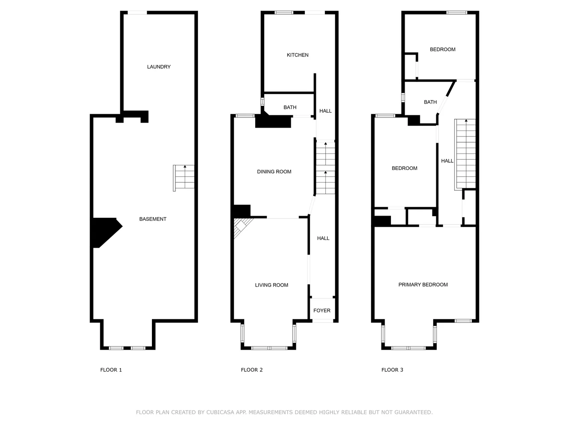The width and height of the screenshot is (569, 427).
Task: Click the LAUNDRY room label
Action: (159, 67)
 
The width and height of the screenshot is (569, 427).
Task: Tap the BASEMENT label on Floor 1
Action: (153, 219)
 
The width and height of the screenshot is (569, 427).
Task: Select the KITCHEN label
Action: (298, 55)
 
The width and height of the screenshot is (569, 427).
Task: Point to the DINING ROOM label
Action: (274, 172)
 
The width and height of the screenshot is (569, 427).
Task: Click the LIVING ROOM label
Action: (271, 285)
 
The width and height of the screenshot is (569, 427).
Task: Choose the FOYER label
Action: (322, 311)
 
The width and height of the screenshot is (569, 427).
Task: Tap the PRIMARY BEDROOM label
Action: (423, 285)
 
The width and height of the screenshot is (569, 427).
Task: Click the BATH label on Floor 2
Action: (290, 108)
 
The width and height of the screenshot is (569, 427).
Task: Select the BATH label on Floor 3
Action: (430, 102)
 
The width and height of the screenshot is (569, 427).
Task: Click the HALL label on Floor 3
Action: (447, 161)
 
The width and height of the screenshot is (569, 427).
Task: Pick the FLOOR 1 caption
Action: (111, 370)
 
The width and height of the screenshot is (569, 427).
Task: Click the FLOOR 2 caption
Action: (252, 370)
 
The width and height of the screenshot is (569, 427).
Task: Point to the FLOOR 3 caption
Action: (392, 370)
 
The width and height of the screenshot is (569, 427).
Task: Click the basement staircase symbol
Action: (184, 178)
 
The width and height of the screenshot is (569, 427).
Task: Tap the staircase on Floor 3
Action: (465, 154)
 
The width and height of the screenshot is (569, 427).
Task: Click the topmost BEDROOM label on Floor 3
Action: (443, 50)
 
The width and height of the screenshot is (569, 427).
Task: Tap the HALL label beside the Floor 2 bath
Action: (325, 111)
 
